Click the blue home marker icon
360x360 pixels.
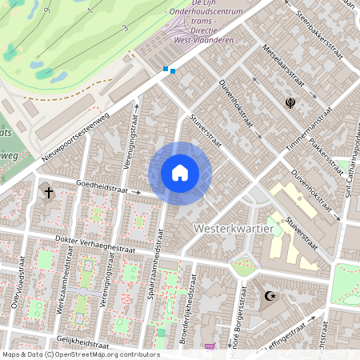pyautogui.click(x=179, y=173)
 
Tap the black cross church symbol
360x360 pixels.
pyautogui.click(x=48, y=193)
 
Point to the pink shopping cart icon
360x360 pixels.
pyautogui.click(x=210, y=346)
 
